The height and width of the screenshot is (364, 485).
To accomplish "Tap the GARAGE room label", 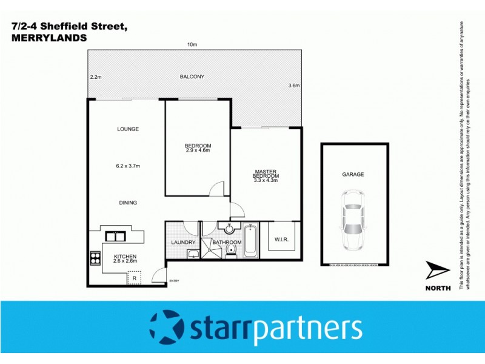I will tap(353, 175).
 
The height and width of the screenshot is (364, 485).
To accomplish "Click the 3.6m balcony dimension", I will tap(294, 86).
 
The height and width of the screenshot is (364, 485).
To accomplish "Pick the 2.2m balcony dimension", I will tap(95, 77).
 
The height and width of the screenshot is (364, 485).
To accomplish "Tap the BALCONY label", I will tap(192, 76).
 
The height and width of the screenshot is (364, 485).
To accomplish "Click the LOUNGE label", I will tap(128, 129).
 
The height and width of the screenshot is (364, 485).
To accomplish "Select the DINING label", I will tap(128, 203).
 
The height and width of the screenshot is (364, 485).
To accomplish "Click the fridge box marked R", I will tap(134, 278).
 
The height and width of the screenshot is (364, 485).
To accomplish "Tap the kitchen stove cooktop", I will tap(96, 258).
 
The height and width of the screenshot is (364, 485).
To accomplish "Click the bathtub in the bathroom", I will tap(251, 241).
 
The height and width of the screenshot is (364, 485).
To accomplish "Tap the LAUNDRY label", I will tap(183, 243).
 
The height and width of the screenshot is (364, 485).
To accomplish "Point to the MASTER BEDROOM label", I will tap(266, 174).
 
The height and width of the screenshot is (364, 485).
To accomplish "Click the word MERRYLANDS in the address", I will tap(49, 37).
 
